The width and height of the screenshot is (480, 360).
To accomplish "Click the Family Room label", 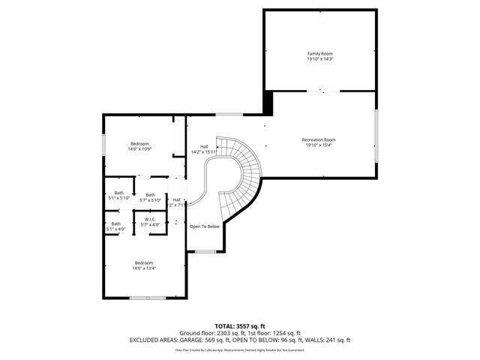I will point(319,54).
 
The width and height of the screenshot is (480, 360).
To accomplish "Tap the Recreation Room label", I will point(319,140).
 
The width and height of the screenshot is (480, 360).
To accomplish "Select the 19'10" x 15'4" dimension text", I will point(319,145).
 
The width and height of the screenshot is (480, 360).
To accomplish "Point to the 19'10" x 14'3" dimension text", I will point(319,59).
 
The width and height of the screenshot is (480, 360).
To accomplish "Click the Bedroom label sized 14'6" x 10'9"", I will point(139,144).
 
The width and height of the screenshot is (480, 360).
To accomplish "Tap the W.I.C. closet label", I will point(150,220).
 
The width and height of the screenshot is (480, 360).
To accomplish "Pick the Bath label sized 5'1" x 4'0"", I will point(115,223).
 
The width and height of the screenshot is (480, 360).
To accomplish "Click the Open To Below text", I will point(204,226).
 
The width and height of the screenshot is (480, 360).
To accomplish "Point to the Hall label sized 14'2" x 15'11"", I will point(204,146).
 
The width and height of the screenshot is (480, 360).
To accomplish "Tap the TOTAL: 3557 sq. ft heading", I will point(240,326).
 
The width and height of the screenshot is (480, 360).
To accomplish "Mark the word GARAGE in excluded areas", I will point(196,340).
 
